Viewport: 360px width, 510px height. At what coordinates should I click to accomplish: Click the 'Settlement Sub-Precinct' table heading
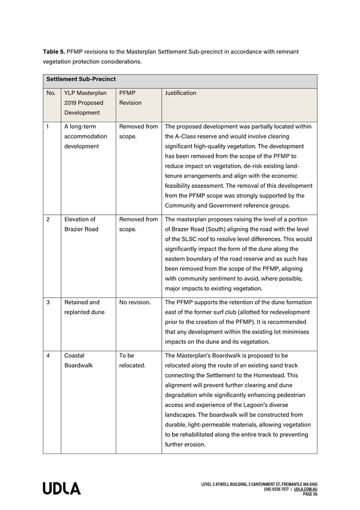(81, 80)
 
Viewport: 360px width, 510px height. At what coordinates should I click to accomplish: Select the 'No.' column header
(51, 94)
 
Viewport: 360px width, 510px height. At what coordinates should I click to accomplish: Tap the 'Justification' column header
(181, 94)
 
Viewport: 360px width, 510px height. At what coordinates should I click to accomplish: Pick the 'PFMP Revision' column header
(130, 98)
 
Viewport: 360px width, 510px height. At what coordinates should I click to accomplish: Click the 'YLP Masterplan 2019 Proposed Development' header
(85, 103)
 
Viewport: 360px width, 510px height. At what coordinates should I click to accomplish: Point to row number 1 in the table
(48, 126)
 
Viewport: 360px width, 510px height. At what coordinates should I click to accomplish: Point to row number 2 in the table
(48, 219)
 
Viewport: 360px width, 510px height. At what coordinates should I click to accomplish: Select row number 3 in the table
(48, 303)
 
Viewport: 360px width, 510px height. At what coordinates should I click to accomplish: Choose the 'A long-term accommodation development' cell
(85, 136)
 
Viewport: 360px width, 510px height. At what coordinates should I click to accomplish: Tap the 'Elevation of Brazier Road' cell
(81, 224)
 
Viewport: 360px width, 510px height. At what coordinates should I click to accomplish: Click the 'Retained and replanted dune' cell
(83, 307)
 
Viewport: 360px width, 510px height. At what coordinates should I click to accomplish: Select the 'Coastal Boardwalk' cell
(79, 360)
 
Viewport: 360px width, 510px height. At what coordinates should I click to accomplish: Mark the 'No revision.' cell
(134, 303)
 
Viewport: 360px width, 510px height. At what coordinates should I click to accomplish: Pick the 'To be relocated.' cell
(132, 360)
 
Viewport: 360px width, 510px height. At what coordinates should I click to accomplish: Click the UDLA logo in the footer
(62, 489)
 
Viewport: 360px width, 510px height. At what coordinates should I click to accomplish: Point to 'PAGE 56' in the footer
(310, 494)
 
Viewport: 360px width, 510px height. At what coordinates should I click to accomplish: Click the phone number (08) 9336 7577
(276, 489)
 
